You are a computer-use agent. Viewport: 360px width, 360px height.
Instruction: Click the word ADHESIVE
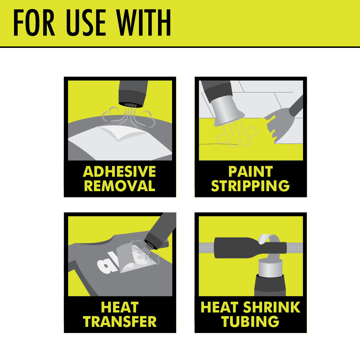tap(120, 172)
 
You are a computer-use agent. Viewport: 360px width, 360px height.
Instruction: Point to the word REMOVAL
tap(120, 186)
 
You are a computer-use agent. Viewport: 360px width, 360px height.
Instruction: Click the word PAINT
tap(251, 172)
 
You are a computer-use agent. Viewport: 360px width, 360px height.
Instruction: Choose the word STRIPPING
tap(251, 186)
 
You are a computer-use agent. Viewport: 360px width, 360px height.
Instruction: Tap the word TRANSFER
tap(120, 321)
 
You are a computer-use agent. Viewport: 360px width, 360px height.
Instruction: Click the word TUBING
tap(251, 321)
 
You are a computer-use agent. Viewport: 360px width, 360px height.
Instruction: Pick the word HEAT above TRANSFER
tap(120, 307)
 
